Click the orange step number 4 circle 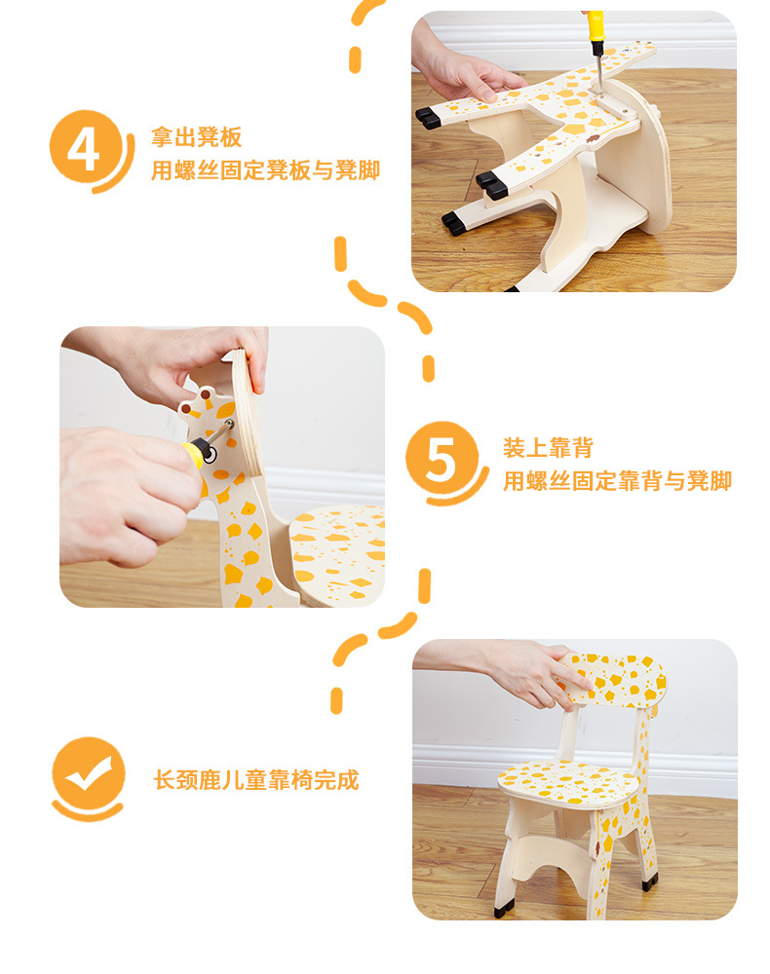[85, 147]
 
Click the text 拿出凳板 [196, 136]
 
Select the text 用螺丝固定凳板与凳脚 [265, 170]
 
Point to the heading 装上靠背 [548, 447]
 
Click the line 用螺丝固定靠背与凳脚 [617, 481]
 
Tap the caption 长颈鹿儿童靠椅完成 [256, 779]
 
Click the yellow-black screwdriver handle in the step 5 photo [195, 451]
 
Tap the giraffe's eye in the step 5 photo [210, 456]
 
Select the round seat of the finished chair [567, 783]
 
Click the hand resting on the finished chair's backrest [534, 674]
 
